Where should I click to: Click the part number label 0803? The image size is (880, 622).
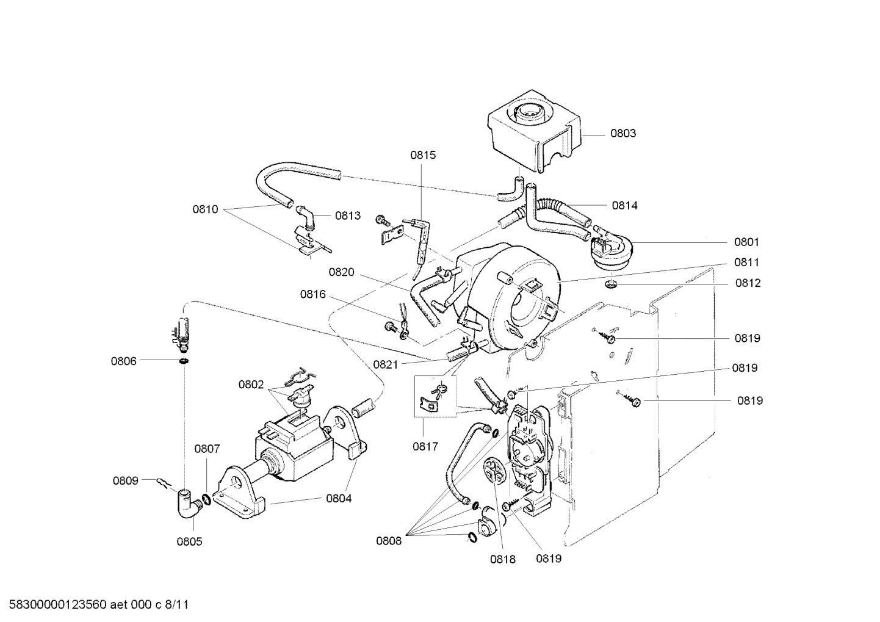(x=623, y=133)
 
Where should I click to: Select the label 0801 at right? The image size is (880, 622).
(x=747, y=242)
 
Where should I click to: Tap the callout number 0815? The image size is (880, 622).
(x=423, y=155)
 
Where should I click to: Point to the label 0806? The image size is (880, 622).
(x=123, y=361)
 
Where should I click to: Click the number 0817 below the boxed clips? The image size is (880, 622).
(x=425, y=446)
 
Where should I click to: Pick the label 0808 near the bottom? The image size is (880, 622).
(x=389, y=540)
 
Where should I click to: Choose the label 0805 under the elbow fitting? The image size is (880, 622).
(x=189, y=541)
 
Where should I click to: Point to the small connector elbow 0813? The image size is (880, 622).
(x=307, y=217)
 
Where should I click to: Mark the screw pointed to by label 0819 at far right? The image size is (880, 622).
(x=633, y=401)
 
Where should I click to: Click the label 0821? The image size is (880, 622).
(x=386, y=364)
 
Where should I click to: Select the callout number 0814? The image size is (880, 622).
(x=625, y=206)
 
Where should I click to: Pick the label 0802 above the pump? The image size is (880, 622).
(x=251, y=385)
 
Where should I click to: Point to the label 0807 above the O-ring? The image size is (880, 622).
(x=207, y=449)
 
